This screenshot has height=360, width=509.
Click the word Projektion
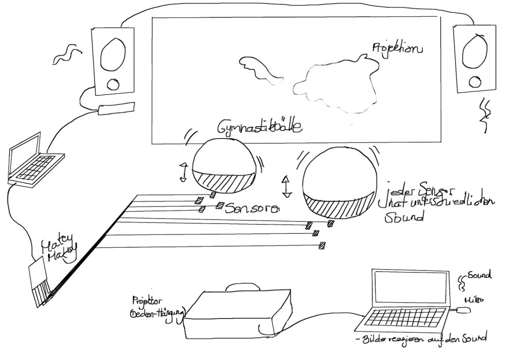pyautogui.click(x=397, y=49)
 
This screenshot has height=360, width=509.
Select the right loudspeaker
pyautogui.click(x=475, y=58)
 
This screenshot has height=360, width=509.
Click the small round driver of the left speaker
pyautogui.click(x=112, y=85)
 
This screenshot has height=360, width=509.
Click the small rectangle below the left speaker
pyautogui.click(x=116, y=108)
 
